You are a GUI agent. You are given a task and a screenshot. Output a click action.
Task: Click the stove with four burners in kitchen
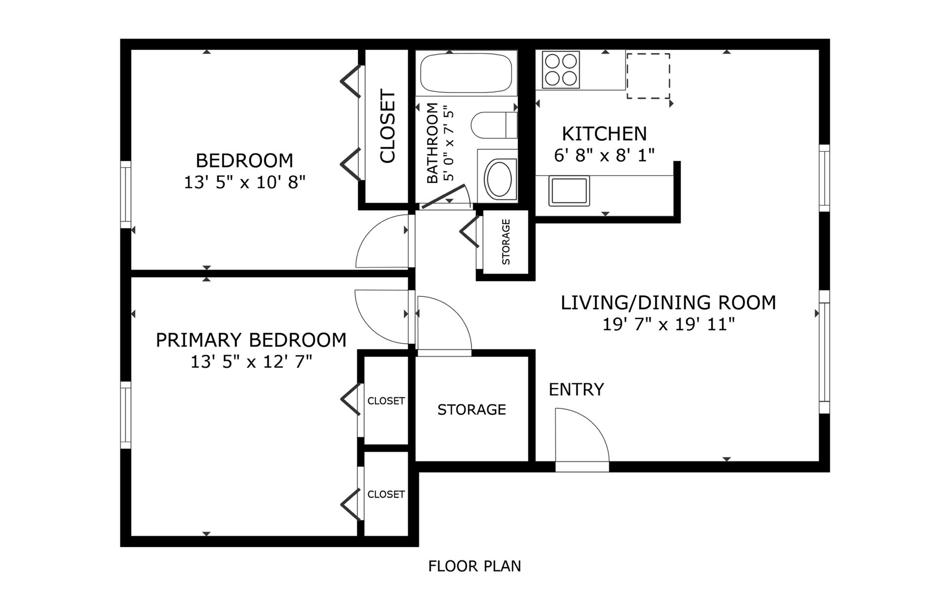pos(561,70)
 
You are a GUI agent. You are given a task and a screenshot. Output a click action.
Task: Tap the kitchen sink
pos(569,190)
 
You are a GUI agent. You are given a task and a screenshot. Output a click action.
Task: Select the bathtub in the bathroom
pos(466,73)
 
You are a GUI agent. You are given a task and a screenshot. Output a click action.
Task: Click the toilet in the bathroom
pos(493,125)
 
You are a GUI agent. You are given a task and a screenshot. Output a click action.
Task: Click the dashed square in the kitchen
pos(648,76)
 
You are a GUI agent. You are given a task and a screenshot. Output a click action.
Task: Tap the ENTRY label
pos(576,390)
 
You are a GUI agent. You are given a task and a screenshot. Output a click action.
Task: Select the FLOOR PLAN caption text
pos(475,566)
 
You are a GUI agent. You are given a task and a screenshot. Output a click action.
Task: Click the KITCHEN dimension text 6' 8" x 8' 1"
pos(604,155)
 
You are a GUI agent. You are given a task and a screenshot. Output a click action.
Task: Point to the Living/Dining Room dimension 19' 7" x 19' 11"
pos(668,325)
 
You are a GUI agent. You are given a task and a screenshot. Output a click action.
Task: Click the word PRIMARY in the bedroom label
pos(199,340)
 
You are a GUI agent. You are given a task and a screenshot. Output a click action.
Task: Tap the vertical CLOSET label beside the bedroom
pos(387,126)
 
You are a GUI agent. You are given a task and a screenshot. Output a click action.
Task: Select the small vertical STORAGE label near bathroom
pos(506,242)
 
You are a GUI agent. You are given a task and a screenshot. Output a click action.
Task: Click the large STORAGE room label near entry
pos(472,410)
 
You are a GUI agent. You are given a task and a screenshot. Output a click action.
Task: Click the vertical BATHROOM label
pos(432,143)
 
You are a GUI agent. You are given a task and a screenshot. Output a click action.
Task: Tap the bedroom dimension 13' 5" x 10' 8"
pos(244,183)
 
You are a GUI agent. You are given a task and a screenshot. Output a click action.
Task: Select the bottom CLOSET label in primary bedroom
pos(386,494)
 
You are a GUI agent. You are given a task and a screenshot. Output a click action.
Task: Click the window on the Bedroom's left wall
pos(126,194)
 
